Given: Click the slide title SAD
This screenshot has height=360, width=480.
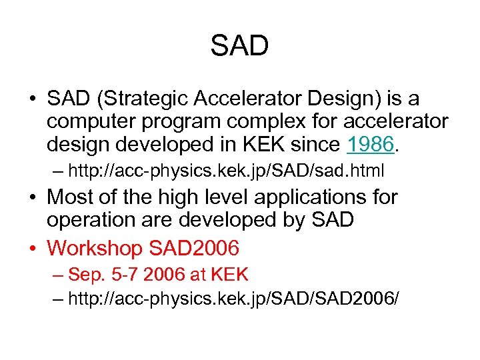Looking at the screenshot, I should coord(239,46).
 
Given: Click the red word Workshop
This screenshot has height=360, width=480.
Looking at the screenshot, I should coord(95,249).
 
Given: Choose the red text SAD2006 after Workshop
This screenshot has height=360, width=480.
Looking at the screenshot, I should coord(194,249).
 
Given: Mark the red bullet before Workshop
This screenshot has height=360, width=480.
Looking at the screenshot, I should coord(33,249).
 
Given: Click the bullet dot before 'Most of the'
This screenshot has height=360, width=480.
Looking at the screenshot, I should coord(33,198).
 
